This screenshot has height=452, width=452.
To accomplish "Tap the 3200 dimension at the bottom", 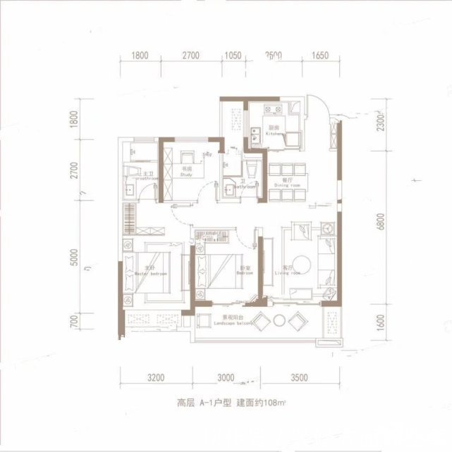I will (x=157, y=378).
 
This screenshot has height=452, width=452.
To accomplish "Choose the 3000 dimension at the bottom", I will (x=225, y=378).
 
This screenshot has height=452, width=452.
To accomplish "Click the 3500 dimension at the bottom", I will (x=299, y=378).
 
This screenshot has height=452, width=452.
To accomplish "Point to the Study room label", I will (x=186, y=173).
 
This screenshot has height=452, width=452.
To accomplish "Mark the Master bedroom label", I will (x=149, y=271).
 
